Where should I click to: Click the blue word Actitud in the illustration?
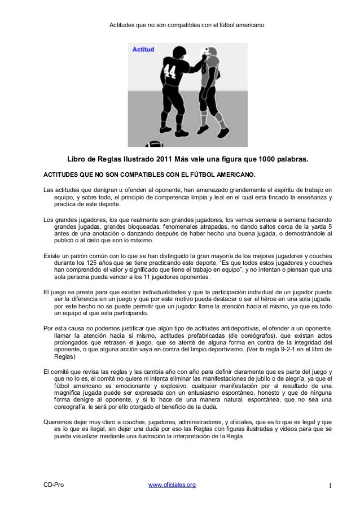pyautogui.click(x=143, y=50)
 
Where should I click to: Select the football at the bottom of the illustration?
pyautogui.click(x=156, y=142)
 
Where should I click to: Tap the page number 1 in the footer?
pyautogui.click(x=331, y=485)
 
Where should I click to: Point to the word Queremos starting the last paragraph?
pyautogui.click(x=59, y=422)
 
